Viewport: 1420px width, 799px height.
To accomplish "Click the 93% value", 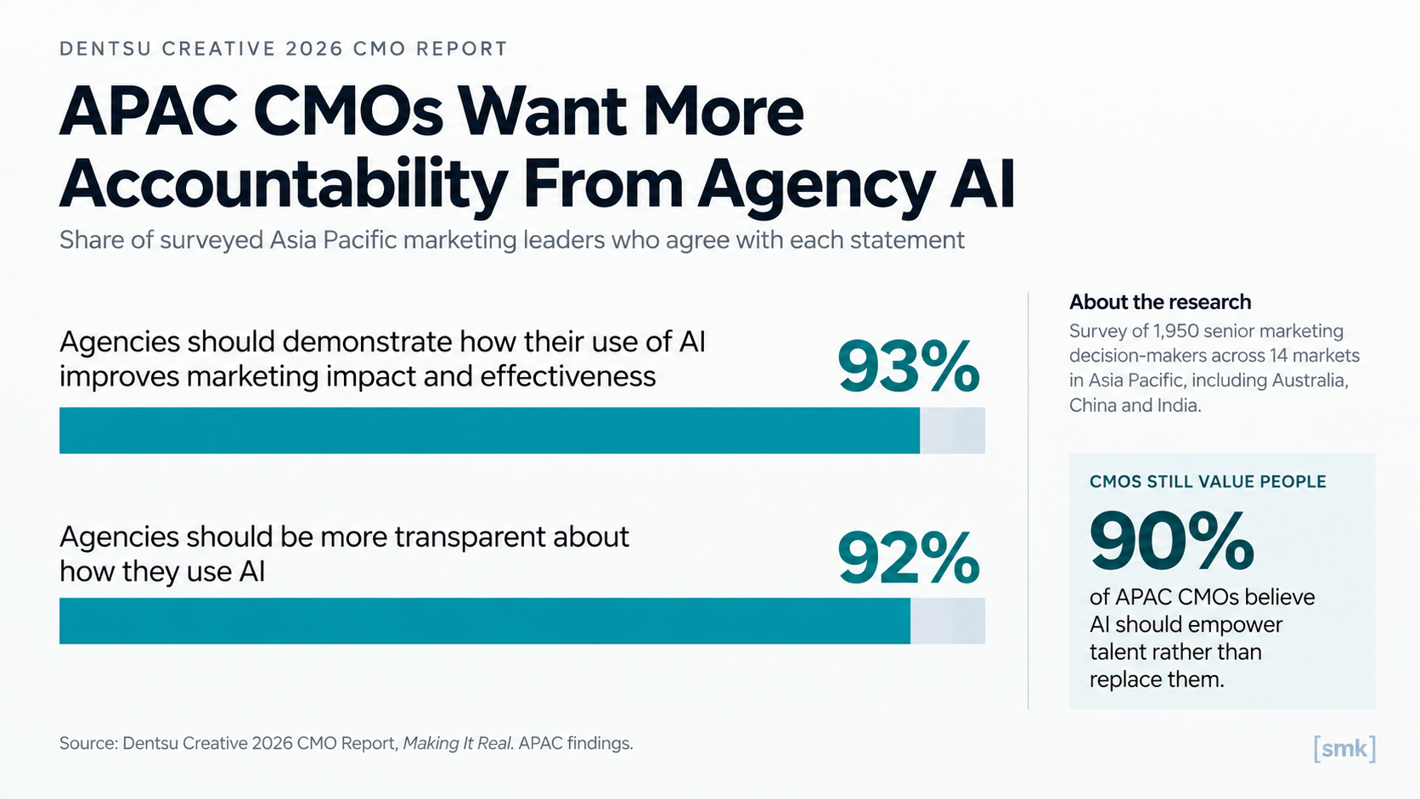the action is click(909, 366).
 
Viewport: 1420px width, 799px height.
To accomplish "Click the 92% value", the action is click(909, 558).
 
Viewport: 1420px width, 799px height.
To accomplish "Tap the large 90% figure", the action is click(1171, 541).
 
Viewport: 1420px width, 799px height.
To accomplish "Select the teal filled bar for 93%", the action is click(489, 430).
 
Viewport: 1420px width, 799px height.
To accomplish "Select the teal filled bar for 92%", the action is click(485, 621).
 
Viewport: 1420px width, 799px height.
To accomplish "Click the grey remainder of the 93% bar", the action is click(952, 430).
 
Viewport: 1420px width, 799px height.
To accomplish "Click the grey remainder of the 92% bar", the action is click(948, 621).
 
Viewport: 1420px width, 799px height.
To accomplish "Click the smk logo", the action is click(1344, 749).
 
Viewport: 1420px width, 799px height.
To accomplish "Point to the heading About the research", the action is click(1160, 301).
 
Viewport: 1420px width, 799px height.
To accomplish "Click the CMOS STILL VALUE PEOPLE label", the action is click(1208, 481).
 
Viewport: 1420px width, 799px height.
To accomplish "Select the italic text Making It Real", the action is click(457, 743).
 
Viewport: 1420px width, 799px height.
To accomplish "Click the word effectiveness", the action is click(568, 376).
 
